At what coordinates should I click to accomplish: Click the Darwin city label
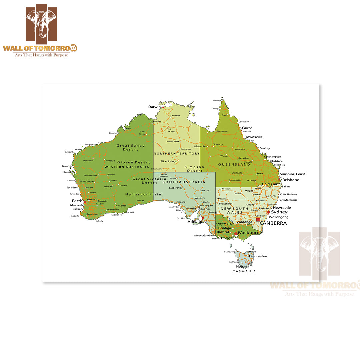[154, 107]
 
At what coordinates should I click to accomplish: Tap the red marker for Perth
[85, 202]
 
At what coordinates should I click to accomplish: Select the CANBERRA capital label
[273, 223]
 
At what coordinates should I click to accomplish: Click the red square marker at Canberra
[258, 220]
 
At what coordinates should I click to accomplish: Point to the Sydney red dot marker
[268, 212]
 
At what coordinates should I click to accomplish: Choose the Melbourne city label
[250, 232]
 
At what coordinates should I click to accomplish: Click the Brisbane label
[291, 180]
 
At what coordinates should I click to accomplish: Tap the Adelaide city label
[196, 222]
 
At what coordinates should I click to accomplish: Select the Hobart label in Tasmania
[242, 267]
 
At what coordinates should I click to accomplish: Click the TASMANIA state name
[244, 271]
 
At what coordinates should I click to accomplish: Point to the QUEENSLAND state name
[234, 165]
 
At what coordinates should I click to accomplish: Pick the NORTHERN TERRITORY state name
[177, 154]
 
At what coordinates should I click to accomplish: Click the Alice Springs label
[168, 161]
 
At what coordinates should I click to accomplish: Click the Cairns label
[247, 128]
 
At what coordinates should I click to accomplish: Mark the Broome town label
[113, 133]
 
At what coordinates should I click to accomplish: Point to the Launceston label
[258, 256]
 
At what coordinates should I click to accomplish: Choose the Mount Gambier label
[204, 236]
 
